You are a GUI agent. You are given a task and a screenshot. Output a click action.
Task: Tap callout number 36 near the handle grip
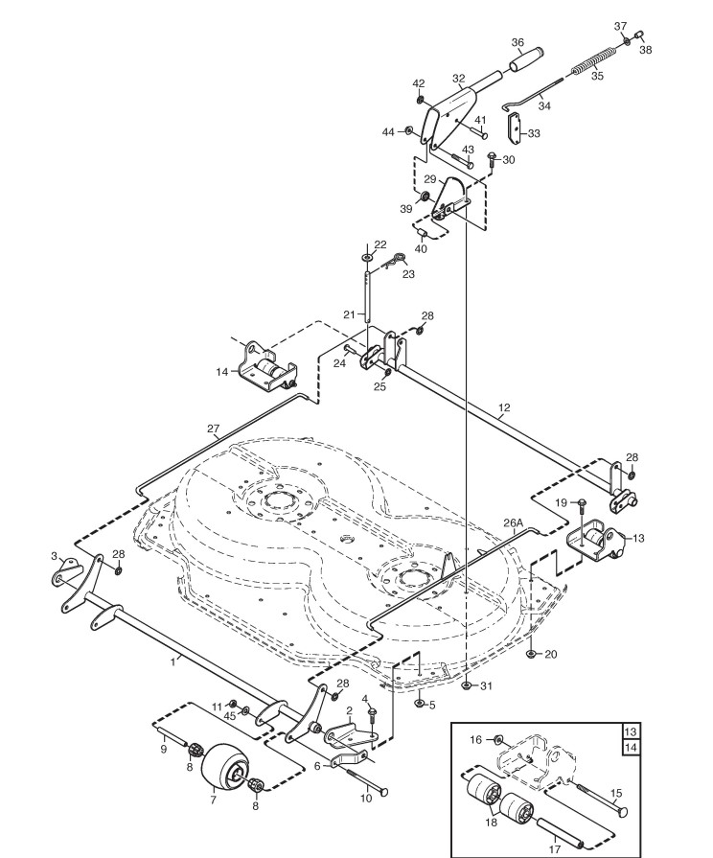[517, 42]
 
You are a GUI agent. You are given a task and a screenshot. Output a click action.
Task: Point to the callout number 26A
[513, 523]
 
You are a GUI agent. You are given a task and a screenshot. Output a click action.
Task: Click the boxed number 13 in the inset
[630, 731]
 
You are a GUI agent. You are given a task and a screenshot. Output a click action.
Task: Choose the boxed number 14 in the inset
[630, 748]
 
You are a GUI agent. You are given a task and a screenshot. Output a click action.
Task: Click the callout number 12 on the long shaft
[504, 409]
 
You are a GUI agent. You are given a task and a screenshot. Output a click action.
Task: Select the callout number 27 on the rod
[213, 429]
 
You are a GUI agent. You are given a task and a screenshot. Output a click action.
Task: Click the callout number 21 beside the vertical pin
[350, 313]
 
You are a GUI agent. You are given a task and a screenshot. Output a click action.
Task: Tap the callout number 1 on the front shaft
[173, 660]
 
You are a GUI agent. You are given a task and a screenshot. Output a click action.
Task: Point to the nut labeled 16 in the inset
[499, 740]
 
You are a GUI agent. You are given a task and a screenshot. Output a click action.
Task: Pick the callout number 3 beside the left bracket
[55, 555]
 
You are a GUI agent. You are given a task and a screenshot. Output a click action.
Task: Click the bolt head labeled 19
[583, 503]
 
